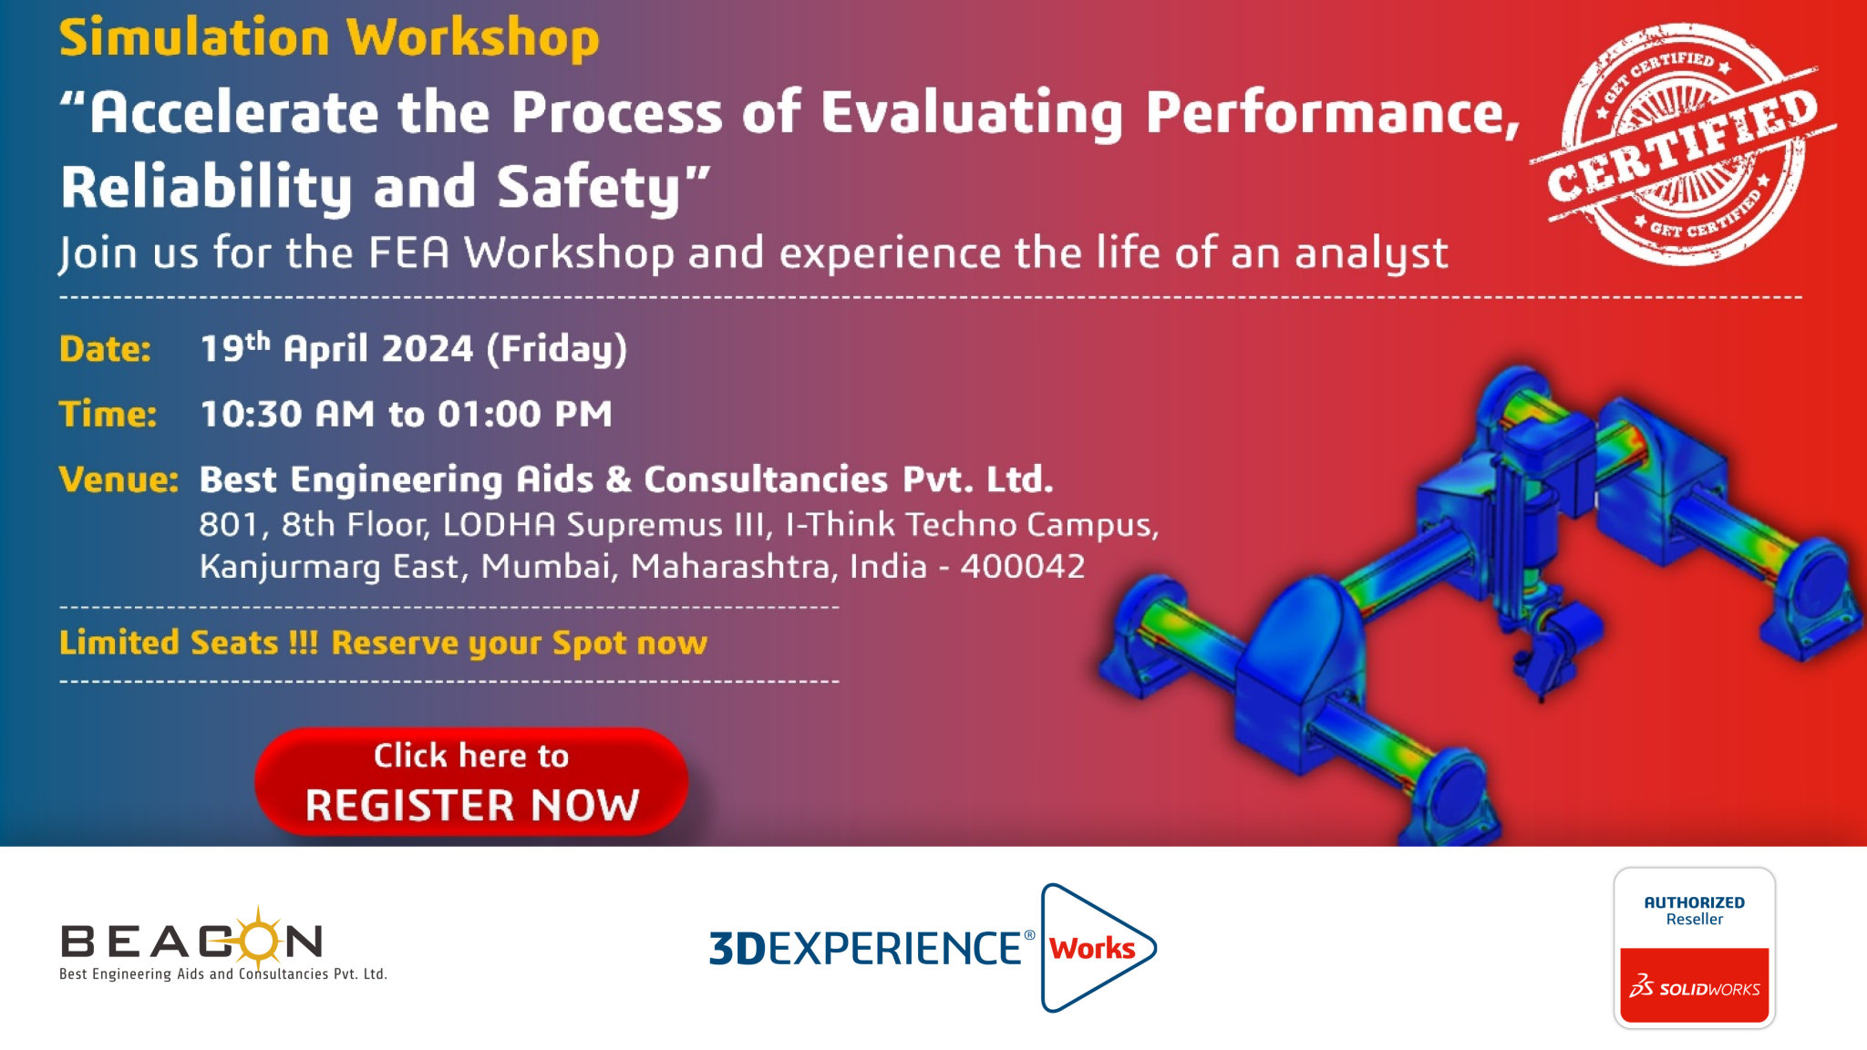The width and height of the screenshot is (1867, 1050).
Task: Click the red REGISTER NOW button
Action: click(x=471, y=781)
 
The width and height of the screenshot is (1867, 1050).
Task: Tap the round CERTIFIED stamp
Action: click(x=1682, y=144)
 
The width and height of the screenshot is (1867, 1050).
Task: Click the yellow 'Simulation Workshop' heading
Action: click(x=329, y=38)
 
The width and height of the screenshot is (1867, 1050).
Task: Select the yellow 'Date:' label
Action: click(x=105, y=349)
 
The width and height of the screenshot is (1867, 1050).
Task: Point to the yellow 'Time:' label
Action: click(x=108, y=415)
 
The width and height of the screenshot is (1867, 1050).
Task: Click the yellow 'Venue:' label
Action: click(x=119, y=479)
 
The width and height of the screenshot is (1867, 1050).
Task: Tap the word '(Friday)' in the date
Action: click(x=557, y=350)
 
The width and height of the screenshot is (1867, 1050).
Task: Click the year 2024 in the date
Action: click(x=428, y=349)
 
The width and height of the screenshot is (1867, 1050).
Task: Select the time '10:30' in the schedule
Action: click(x=251, y=415)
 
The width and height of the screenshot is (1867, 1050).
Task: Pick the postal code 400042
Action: click(x=1023, y=567)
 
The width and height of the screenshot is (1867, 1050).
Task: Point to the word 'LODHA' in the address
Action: click(x=499, y=525)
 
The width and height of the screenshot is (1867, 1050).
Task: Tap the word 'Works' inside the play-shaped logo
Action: click(x=1092, y=949)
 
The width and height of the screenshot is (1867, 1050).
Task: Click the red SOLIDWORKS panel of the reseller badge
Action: click(x=1695, y=985)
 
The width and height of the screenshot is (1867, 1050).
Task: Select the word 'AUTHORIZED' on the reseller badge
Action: click(x=1695, y=902)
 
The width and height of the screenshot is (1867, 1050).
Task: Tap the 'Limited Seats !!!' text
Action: click(x=189, y=643)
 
